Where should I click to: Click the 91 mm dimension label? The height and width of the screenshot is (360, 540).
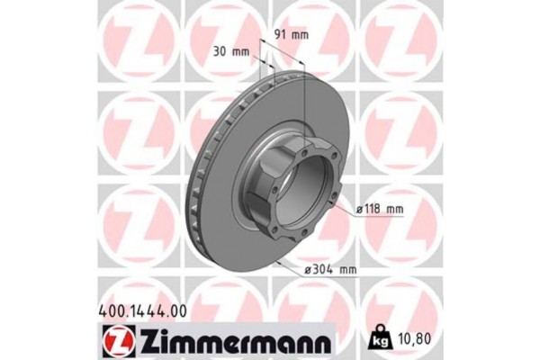[289, 35]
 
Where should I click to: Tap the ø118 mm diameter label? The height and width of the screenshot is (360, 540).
[379, 209]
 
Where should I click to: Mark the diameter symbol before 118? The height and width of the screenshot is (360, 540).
[358, 209]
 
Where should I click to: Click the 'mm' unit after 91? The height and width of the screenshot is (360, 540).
[300, 35]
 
